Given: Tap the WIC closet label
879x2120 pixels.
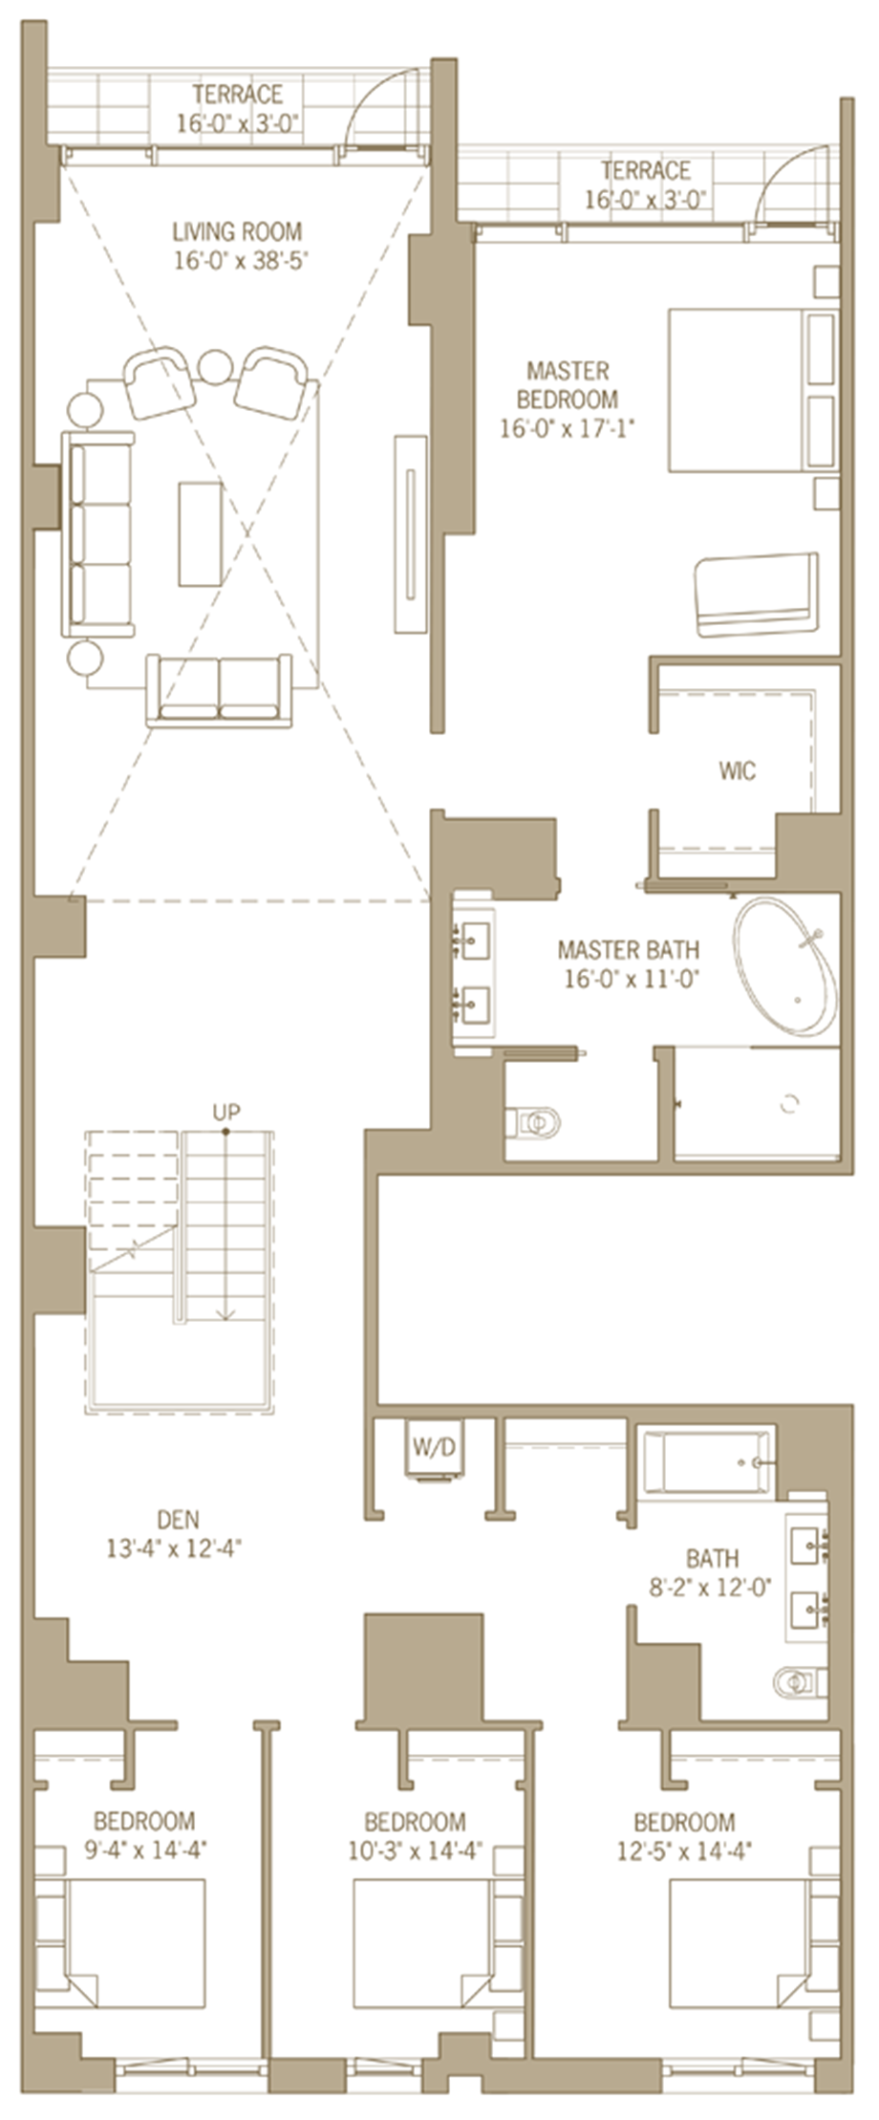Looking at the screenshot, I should [738, 770].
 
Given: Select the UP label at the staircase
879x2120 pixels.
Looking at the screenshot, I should [226, 1112].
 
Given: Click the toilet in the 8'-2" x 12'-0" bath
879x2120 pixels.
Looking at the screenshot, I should [800, 1679].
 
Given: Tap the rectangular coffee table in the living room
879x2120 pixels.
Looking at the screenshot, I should [201, 533].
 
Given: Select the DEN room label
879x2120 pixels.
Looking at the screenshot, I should [179, 1519].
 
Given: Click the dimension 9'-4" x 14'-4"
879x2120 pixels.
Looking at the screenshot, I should [145, 1850].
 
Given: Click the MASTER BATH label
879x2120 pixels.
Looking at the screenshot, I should [628, 950].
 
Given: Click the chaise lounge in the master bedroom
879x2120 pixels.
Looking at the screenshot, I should [756, 594].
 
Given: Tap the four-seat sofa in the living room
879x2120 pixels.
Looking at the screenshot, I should [97, 533].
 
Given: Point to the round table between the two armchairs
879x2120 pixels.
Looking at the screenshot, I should [216, 368].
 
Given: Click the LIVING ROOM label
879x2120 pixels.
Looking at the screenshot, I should [237, 231].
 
